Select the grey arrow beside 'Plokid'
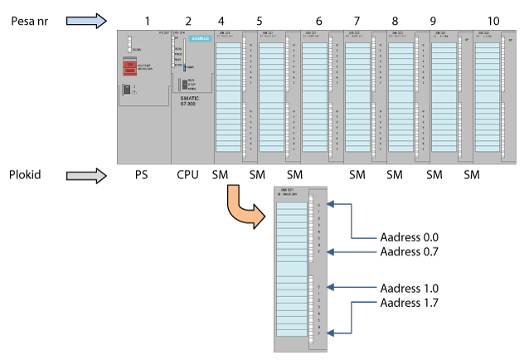(x=87, y=175)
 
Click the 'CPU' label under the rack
(x=189, y=175)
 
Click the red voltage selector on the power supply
(x=129, y=67)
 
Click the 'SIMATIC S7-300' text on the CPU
(x=191, y=101)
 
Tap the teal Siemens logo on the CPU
(x=200, y=39)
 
